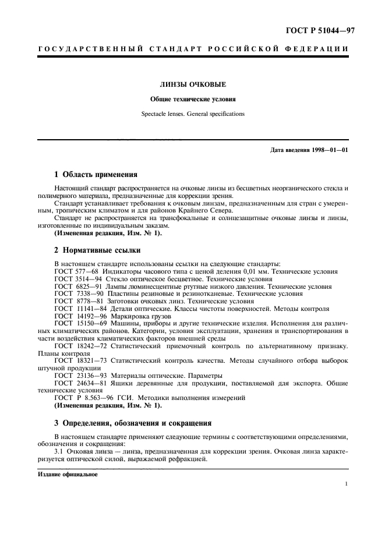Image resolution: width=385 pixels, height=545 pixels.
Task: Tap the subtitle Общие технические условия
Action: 192,99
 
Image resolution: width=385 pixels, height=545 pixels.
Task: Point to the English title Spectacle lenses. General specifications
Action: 192,114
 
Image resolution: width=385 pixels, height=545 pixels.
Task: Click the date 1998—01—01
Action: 330,150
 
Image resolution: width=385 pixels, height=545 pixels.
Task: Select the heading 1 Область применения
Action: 96,174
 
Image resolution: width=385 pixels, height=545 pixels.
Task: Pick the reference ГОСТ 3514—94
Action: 79,279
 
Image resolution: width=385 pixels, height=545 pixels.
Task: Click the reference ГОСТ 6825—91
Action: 79,286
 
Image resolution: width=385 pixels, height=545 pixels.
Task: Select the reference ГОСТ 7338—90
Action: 79,294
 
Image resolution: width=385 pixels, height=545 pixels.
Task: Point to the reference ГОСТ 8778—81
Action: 79,302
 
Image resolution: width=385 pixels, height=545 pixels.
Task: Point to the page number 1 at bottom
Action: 346,483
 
